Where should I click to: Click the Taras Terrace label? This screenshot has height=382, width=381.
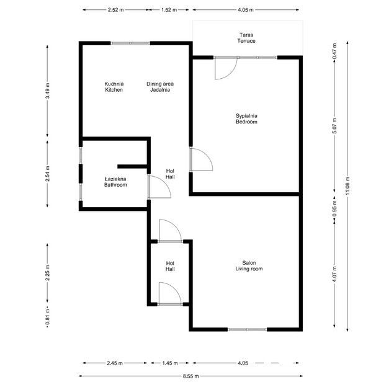tap(246, 38)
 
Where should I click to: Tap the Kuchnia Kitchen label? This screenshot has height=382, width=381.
tap(114, 87)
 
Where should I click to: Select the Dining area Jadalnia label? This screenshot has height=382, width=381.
tap(160, 87)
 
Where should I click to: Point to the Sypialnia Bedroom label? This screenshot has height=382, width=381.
tap(246, 118)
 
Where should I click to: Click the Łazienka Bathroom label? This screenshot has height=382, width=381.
tap(115, 182)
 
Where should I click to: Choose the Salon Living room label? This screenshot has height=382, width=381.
tap(249, 265)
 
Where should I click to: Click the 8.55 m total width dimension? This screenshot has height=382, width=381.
tap(191, 376)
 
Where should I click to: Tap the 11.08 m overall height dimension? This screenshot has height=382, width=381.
tap(347, 185)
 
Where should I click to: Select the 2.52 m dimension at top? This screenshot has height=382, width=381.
tap(115, 10)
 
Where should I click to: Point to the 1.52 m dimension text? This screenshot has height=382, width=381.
tap(169, 10)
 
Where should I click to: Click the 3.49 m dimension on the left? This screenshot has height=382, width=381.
tap(47, 91)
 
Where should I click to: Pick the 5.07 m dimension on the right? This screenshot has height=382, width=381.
tap(334, 126)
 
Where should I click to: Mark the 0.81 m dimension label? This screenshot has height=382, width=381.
tap(47, 317)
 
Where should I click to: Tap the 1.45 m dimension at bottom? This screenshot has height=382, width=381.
tap(170, 363)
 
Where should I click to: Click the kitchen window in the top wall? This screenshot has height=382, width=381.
tap(130, 43)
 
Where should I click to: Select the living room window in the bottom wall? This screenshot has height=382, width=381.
tap(247, 329)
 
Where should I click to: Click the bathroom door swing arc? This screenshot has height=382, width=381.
tap(164, 182)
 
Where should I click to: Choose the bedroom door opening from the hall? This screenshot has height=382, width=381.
tap(206, 154)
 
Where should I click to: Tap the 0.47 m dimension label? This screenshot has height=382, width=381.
tap(334, 51)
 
